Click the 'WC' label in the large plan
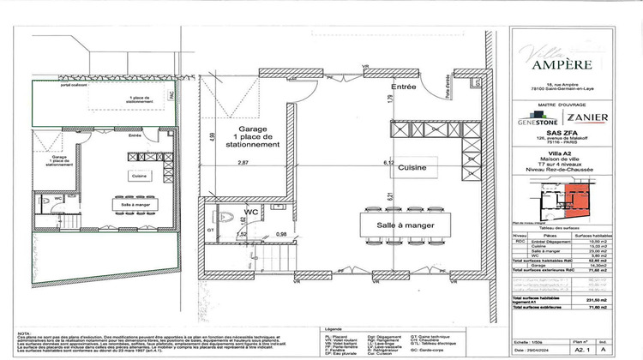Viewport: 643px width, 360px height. (x=252, y=210)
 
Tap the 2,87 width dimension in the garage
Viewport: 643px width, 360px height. (x=242, y=162)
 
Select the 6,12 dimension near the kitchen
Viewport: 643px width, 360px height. (x=388, y=162)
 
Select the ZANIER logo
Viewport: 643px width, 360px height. (x=587, y=117)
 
